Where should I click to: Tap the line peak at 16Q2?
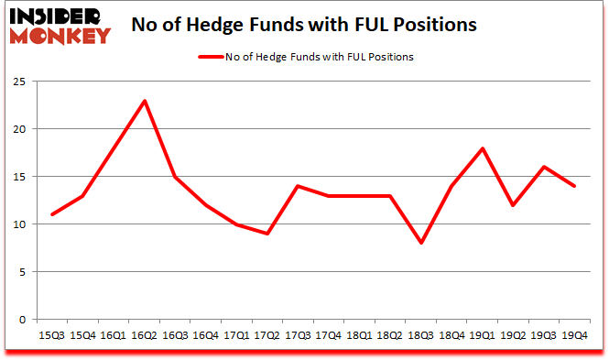click(x=144, y=101)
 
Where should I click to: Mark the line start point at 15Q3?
click(x=52, y=214)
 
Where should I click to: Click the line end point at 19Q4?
click(x=575, y=186)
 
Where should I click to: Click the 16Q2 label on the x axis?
click(x=144, y=335)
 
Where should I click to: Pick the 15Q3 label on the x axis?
click(x=52, y=335)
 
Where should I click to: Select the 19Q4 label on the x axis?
click(x=575, y=335)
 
